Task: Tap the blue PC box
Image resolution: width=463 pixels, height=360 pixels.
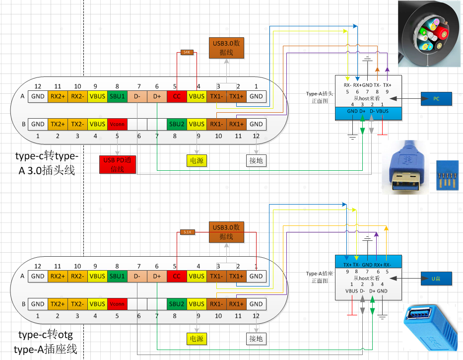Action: click(x=436, y=99)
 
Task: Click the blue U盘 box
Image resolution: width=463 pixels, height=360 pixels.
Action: click(x=436, y=279)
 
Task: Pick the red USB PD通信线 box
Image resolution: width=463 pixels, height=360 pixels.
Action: click(x=118, y=164)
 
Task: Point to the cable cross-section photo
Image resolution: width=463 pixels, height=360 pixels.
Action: click(x=430, y=33)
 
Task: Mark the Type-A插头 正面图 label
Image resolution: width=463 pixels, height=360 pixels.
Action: click(x=319, y=98)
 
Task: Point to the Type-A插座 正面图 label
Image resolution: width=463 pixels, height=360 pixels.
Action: click(x=320, y=277)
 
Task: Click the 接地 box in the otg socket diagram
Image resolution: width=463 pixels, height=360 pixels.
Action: click(x=256, y=339)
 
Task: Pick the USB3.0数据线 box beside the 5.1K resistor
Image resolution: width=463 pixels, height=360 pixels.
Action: click(x=226, y=231)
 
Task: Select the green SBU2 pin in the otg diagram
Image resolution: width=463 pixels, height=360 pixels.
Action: click(x=177, y=304)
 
